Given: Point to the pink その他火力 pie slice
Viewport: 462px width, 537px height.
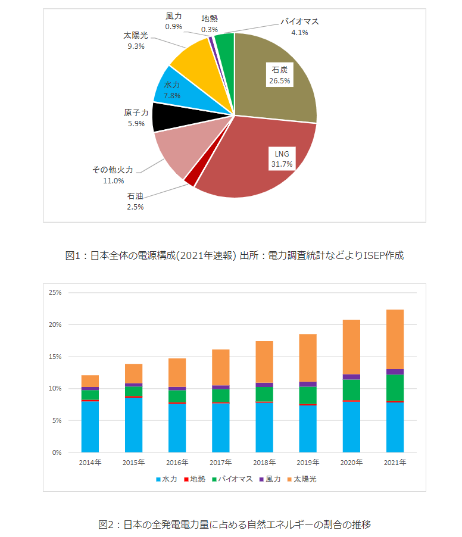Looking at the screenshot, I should coord(173,152).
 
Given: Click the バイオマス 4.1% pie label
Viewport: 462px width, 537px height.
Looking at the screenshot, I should coord(299,27).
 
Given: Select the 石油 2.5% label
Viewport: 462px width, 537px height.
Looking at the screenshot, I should coord(135,201).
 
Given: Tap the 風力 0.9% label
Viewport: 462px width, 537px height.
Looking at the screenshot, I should coord(174,21).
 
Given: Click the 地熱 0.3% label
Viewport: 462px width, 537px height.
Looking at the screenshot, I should coord(210,23).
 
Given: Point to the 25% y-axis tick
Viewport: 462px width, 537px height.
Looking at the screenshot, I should coord(55,293).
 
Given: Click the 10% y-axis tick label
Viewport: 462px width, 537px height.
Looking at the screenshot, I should coord(55,389).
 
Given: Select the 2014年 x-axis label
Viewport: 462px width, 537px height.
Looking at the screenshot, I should coord(90,463).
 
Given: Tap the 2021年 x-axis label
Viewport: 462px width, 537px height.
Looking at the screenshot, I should coord(395,463).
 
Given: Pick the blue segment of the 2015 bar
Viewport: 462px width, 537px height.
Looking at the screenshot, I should coord(134,426).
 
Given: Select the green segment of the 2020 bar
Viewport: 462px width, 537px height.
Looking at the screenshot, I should coord(351,390).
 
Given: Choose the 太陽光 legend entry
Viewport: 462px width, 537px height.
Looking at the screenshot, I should coord(301,479).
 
